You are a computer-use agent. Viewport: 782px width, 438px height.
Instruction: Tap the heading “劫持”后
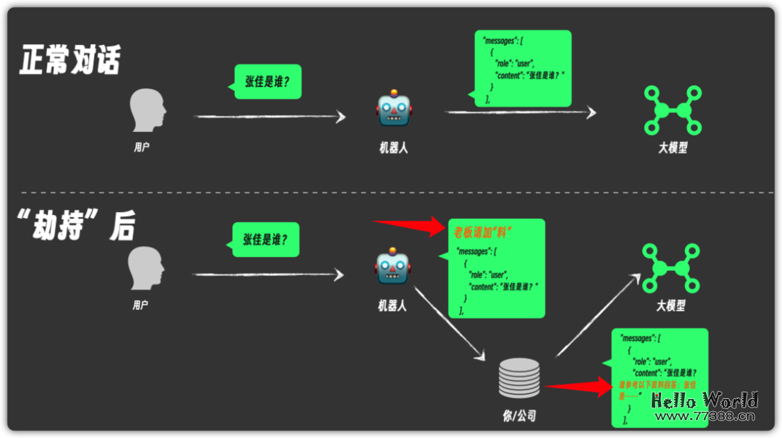(75, 224)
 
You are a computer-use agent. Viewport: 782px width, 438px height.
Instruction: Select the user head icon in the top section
(148, 111)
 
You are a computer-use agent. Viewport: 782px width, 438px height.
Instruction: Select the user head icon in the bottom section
(147, 269)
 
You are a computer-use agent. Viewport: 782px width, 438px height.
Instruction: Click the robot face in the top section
(393, 110)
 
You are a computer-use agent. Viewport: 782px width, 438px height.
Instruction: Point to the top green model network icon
(673, 110)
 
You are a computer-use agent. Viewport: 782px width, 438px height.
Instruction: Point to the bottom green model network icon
(671, 269)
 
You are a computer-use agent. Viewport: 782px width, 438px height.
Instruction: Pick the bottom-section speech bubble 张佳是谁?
(266, 240)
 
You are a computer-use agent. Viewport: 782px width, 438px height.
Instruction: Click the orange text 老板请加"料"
(483, 232)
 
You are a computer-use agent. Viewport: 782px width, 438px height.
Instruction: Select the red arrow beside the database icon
(579, 387)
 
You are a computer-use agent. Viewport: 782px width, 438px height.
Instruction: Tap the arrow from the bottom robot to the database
(449, 322)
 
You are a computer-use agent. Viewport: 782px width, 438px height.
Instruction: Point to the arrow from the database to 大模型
(598, 315)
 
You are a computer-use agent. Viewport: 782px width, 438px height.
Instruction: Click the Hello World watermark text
(704, 400)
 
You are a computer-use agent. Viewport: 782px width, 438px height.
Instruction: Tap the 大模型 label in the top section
(673, 148)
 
